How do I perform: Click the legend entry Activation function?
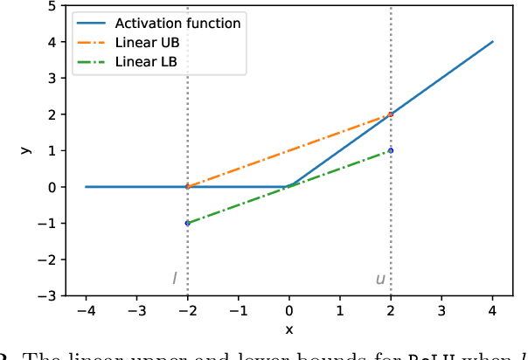point(177,24)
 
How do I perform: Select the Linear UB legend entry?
point(148,42)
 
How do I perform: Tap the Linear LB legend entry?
point(147,60)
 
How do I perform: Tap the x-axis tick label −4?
point(85,311)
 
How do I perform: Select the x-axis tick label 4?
point(492,311)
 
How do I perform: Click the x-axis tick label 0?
point(289,311)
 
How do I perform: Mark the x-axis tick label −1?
point(238,311)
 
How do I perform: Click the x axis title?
point(289,329)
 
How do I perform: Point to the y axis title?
point(27,150)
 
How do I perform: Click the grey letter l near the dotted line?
point(174,279)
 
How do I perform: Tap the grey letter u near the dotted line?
point(379,280)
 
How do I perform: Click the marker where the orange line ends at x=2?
point(391,114)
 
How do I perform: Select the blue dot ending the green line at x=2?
point(391,150)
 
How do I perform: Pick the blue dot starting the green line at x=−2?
point(187,223)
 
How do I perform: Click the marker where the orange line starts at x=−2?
point(187,186)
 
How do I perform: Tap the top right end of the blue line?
point(492,41)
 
